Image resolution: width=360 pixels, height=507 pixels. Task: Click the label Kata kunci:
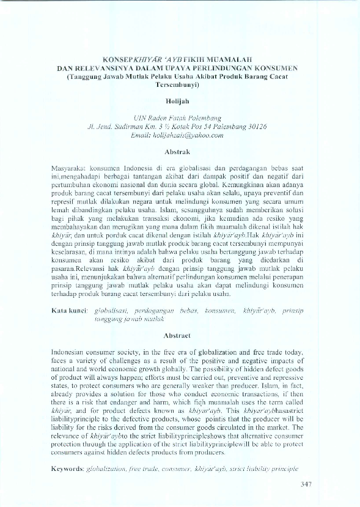70,311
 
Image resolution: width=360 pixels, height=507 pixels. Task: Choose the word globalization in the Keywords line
109,468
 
